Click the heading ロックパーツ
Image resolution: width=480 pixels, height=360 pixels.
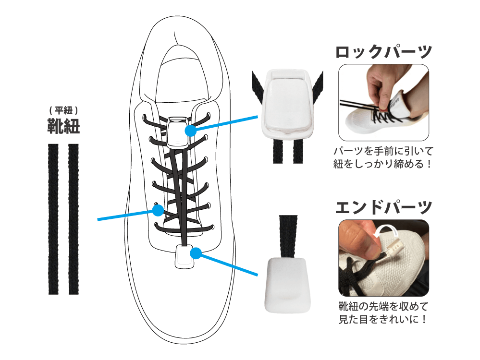click(x=383, y=52)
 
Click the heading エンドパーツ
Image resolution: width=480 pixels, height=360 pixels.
click(x=383, y=208)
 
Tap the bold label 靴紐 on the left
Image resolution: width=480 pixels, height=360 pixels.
click(x=64, y=126)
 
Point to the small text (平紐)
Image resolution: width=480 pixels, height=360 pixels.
click(x=64, y=110)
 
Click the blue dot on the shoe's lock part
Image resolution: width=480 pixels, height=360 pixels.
click(x=190, y=131)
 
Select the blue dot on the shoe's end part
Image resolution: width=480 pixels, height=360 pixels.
click(x=196, y=253)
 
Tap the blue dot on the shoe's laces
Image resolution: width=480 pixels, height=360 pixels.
click(x=158, y=210)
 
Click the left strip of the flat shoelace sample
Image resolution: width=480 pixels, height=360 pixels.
click(x=53, y=219)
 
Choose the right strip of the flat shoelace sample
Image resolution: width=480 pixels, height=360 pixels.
click(x=74, y=219)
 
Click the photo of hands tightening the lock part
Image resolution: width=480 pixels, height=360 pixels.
click(x=383, y=102)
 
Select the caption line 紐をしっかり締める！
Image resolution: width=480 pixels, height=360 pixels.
click(x=383, y=164)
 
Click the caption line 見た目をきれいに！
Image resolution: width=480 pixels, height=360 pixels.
click(x=383, y=319)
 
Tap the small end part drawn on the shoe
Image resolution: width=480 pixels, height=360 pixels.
click(x=185, y=257)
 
